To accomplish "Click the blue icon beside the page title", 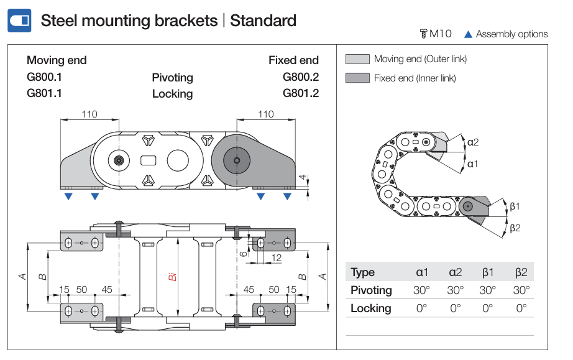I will click(19, 21).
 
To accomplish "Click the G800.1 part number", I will click(45, 77).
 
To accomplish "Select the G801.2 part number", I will click(300, 93).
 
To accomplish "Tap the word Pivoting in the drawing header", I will click(172, 78).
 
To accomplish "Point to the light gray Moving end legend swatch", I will click(357, 60).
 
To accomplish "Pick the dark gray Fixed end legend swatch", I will click(357, 78).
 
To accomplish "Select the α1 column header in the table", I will click(422, 272).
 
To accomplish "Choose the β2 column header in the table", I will click(521, 272).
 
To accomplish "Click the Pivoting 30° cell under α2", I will click(455, 290).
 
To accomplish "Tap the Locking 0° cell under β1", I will click(488, 308).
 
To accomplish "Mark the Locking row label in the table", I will click(371, 308).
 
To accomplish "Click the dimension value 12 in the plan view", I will click(277, 257).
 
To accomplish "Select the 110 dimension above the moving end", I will click(89, 114).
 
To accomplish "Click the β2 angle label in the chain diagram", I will click(515, 228).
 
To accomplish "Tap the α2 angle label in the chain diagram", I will click(473, 142).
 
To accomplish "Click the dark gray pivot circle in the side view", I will click(236, 161).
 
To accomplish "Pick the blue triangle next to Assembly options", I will click(468, 34).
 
